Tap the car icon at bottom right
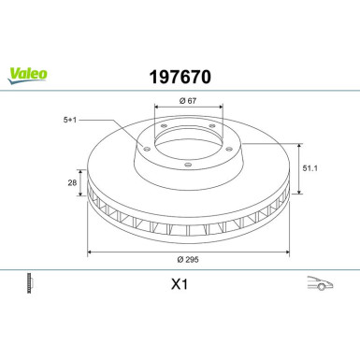coord(319,282)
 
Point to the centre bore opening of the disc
coord(188,137)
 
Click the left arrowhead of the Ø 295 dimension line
coord(91,252)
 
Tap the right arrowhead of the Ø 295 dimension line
coord(284,252)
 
